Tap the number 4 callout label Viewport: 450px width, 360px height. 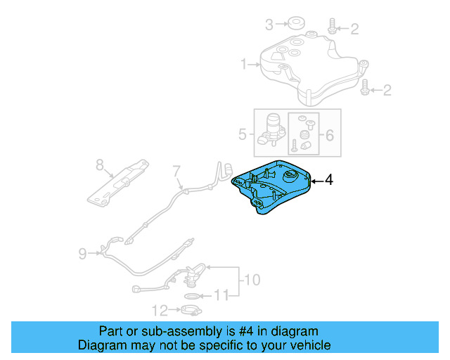coord(328,181)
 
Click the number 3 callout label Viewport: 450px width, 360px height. coord(269,25)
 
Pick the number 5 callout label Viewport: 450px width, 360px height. coord(243,132)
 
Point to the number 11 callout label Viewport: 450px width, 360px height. coord(221,296)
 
